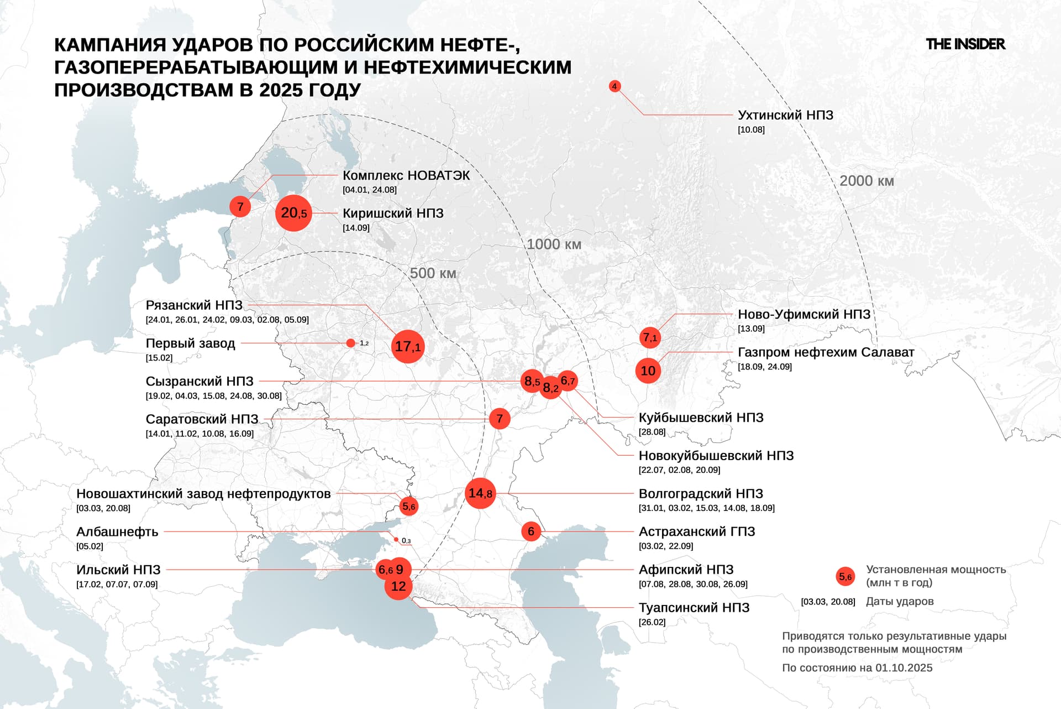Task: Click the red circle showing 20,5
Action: pos(293,213)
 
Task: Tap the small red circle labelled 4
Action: pos(614,86)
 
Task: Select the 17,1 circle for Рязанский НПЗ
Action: pos(408,347)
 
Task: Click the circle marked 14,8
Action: pos(480,493)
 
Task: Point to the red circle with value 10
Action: pos(648,371)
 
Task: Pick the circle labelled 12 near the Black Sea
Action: pos(398,587)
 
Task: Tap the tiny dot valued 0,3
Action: pos(396,540)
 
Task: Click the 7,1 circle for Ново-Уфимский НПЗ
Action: pos(650,337)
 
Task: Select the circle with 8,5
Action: pos(531,381)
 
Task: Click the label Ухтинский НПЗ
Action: pos(785,115)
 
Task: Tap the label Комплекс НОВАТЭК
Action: pos(406,175)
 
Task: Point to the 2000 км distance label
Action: pos(866,181)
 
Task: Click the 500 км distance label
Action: pos(433,273)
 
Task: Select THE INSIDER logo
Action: pos(965,44)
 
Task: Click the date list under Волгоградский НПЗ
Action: pos(706,508)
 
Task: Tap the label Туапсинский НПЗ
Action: pos(694,607)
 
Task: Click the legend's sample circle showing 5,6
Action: pos(845,577)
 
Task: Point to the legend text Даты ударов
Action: pos(900,601)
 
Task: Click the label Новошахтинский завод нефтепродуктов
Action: pos(203,493)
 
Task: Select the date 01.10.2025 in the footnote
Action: pos(904,668)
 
